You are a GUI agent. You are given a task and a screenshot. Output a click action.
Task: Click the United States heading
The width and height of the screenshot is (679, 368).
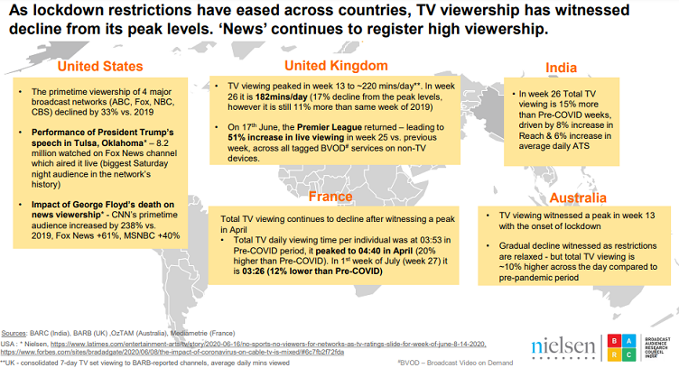pos(99,66)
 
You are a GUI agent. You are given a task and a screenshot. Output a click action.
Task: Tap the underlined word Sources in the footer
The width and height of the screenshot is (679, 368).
pos(14,334)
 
